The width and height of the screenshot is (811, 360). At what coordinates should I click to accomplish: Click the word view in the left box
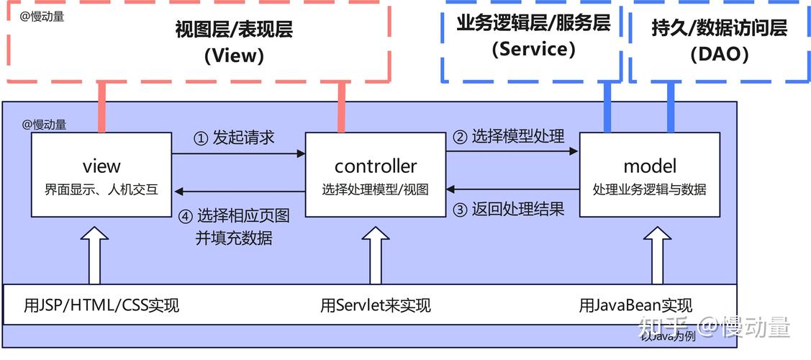click(101, 166)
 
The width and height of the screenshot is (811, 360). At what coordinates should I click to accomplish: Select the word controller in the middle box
click(376, 166)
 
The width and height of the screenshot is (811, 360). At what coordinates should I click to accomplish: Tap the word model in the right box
click(650, 166)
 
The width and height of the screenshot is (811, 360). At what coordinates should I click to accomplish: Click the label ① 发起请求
click(235, 138)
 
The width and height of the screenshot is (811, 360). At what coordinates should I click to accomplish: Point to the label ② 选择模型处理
click(508, 135)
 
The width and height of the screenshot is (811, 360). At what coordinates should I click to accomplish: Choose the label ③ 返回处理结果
click(508, 210)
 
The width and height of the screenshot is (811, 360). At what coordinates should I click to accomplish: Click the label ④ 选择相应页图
click(235, 215)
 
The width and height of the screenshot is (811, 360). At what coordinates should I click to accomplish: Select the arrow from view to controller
click(238, 153)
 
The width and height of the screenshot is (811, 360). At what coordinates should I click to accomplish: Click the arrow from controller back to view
click(238, 192)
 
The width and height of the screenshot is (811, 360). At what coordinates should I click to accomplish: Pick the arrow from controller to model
click(512, 151)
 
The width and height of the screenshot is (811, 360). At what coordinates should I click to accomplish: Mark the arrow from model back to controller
click(512, 190)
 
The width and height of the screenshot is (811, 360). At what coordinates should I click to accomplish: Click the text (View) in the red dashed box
click(234, 55)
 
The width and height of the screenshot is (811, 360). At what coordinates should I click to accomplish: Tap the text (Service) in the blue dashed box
click(533, 49)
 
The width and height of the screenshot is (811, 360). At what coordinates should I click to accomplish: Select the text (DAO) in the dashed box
click(719, 54)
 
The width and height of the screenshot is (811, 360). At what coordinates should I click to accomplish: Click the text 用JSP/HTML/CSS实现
click(101, 305)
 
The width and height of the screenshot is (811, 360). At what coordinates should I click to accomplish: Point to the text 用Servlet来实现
click(376, 305)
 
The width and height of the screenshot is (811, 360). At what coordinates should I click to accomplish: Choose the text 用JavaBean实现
click(635, 305)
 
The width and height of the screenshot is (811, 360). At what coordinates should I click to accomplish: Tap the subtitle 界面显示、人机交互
click(101, 190)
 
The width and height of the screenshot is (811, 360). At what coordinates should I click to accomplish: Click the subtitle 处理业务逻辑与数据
click(650, 190)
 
